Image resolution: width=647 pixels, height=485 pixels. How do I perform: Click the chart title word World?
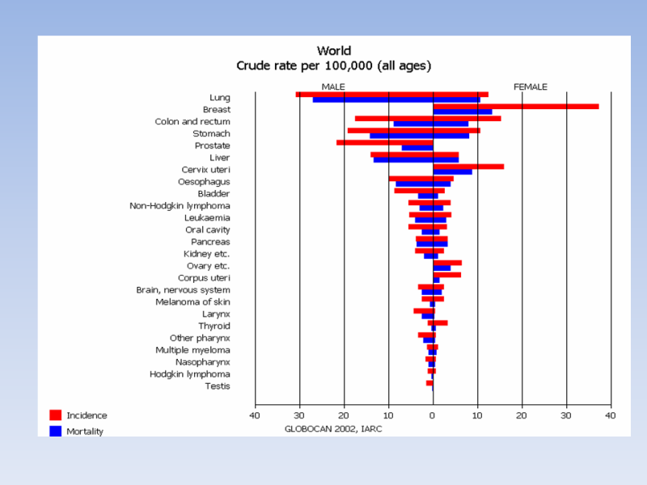pos(333,51)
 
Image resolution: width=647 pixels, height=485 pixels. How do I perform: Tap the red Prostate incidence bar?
pos(384,142)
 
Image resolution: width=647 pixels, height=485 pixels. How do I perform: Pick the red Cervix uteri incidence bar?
pos(468,167)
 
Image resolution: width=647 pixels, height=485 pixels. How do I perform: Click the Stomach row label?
pos(211,133)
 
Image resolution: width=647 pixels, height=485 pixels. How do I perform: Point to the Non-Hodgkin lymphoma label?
pos(180,205)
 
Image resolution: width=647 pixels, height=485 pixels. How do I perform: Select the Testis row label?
pos(218,386)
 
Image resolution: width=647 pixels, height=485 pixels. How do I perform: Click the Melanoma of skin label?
pos(192,302)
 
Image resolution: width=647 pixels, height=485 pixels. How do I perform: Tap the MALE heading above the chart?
pos(334,86)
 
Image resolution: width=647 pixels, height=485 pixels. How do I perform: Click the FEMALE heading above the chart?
pos(530,86)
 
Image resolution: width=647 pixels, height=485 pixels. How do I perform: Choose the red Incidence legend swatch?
pos(56,415)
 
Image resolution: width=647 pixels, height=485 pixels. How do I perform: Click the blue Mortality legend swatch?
pos(56,431)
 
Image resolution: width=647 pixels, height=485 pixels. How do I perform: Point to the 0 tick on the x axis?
pos(433,415)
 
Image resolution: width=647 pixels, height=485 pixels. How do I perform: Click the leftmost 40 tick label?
pos(255,415)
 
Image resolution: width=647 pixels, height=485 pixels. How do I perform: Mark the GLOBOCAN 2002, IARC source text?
pos(333,429)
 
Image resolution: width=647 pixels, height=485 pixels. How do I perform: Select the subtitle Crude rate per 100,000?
pos(333,65)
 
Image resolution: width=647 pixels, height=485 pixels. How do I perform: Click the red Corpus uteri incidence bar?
pos(447,275)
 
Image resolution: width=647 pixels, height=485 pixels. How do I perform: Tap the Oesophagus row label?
pos(204,182)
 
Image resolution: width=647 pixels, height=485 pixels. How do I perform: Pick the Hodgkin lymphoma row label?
pos(190,373)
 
